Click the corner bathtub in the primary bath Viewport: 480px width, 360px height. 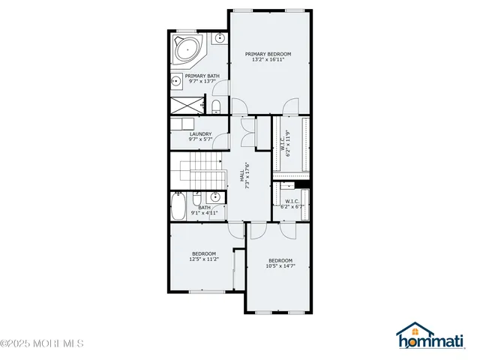pos(186,49)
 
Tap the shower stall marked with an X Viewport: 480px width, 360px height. pos(189,104)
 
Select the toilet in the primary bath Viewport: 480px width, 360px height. pos(215,104)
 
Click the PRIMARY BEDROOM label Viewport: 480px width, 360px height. pos(268,54)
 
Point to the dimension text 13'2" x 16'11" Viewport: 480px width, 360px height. pos(268,61)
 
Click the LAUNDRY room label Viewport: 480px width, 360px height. pos(200,133)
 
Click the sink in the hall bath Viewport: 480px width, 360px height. pos(214,198)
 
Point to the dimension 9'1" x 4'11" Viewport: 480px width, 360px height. pos(205,214)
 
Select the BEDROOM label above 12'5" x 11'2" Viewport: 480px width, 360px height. pos(203,253)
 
